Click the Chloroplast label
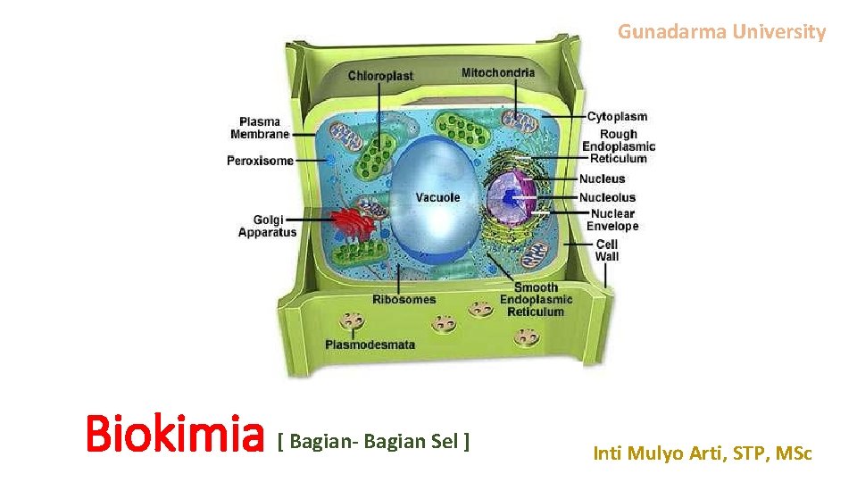pos(380,76)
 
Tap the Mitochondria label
pos(498,72)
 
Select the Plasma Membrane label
pos(260,128)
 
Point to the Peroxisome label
pos(260,161)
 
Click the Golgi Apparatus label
pos(267,226)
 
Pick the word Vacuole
pos(438,196)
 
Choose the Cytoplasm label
pos(618,116)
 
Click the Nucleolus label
pos(607,197)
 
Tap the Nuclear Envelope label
pos(612,220)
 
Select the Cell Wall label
pos(607,250)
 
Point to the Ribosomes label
pos(404,299)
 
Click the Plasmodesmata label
pos(370,345)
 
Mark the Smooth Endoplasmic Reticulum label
pos(536,300)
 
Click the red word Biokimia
pos(175,436)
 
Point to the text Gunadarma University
pos(722,32)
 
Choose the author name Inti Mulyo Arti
pos(703,453)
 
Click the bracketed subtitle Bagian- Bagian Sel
pos(374,441)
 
